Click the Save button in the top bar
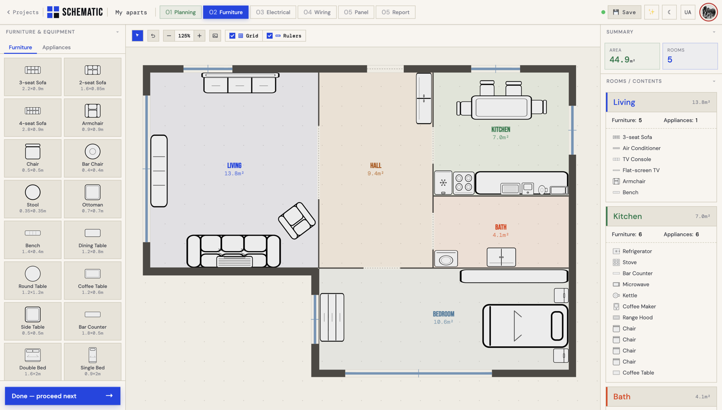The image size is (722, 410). [625, 12]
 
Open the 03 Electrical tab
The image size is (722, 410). [273, 12]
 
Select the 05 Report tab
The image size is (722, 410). [395, 12]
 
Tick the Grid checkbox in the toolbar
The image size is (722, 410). [232, 36]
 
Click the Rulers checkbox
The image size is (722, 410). [269, 36]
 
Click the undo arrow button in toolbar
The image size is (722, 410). [153, 36]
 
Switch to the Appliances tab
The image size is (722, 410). [56, 47]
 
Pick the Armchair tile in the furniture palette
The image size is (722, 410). [93, 118]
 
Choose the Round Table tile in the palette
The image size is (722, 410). [32, 281]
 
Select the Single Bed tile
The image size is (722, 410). [93, 362]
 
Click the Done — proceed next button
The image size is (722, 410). [63, 396]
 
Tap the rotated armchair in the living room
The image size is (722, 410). [297, 221]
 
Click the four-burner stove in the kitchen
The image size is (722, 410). [463, 183]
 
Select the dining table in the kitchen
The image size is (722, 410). [501, 107]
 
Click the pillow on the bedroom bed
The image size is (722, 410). [557, 326]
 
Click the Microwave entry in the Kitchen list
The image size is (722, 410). [636, 285]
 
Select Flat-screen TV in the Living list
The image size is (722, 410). [641, 170]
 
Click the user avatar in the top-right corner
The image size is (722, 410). [708, 12]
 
